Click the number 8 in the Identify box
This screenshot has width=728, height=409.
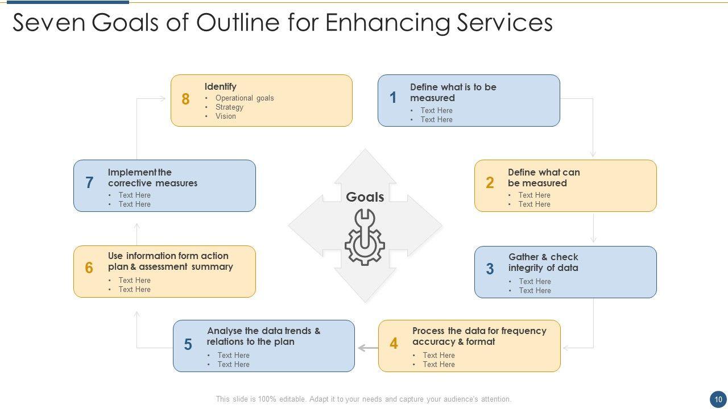(185, 99)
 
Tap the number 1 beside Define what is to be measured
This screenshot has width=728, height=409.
(393, 98)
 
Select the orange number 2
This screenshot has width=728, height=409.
(490, 183)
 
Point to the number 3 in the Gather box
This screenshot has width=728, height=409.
(490, 269)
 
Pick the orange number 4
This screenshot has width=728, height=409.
(394, 344)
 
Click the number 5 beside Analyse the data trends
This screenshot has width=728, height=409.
(188, 345)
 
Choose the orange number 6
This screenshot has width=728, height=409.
(89, 268)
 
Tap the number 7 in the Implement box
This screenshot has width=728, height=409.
(89, 183)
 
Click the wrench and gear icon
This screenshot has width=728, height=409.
(365, 237)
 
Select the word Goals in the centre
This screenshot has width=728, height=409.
(365, 197)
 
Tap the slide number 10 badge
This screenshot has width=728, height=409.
(718, 399)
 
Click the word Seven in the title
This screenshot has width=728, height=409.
(48, 23)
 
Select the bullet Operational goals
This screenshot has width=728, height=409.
(245, 98)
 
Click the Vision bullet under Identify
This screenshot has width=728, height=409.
(225, 116)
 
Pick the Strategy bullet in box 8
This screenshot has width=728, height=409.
(229, 107)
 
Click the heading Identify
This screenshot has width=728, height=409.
(221, 87)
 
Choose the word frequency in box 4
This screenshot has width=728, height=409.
(523, 331)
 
